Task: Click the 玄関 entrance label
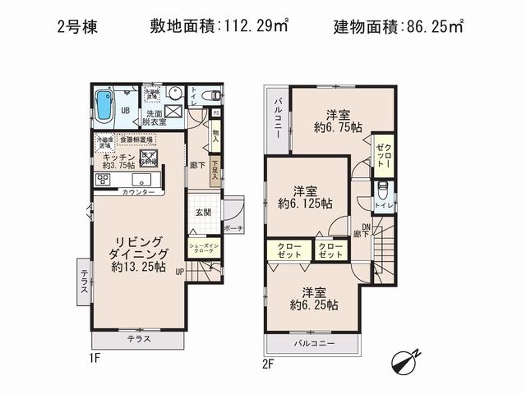point(203,212)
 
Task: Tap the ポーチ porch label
point(233,228)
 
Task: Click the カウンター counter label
point(138,191)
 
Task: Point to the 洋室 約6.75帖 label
point(337,121)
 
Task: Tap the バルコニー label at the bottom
point(313,344)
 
